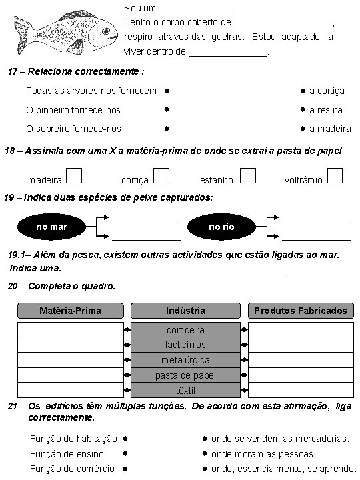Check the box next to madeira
(75, 175)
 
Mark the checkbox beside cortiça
(161, 175)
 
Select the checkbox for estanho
(248, 175)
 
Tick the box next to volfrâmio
(335, 175)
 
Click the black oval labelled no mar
(51, 227)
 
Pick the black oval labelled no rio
(221, 227)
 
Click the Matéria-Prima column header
(71, 311)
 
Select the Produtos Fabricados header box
(300, 311)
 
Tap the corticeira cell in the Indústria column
(185, 330)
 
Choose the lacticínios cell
(185, 345)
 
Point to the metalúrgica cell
(185, 360)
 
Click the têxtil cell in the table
(185, 391)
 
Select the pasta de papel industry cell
(185, 375)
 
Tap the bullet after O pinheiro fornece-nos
(167, 109)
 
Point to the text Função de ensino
(64, 454)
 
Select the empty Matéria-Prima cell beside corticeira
(70, 330)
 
